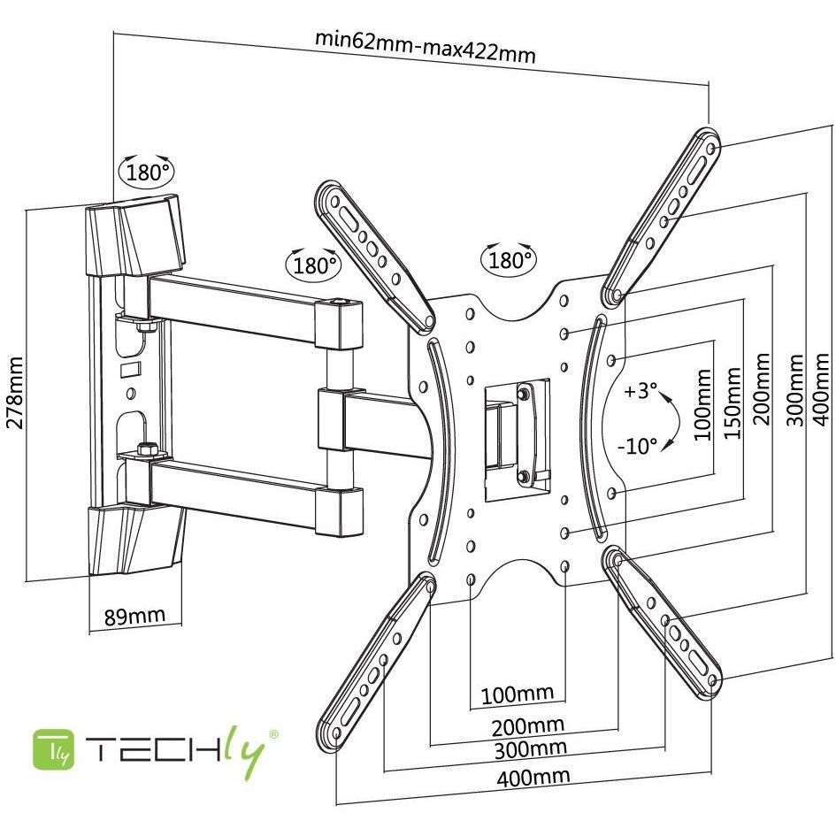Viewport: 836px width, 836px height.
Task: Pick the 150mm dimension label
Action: [732, 400]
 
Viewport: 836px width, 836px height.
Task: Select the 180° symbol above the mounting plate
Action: [509, 259]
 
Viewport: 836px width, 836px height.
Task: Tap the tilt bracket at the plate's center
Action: [515, 433]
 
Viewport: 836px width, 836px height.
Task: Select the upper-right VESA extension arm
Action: [665, 212]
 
